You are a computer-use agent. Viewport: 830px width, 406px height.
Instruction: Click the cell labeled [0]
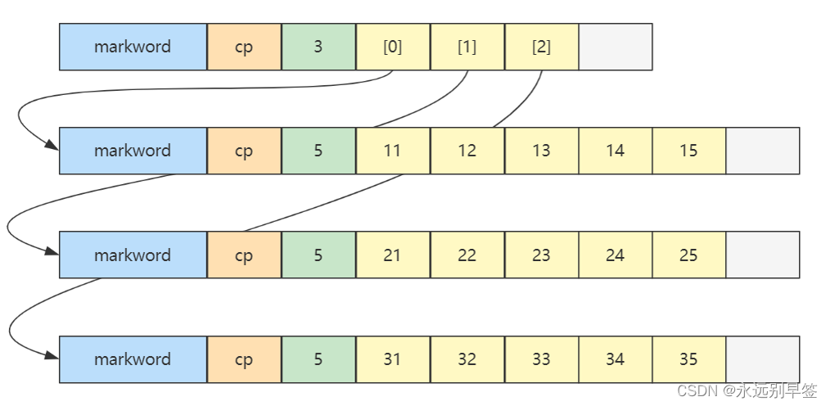coord(393,47)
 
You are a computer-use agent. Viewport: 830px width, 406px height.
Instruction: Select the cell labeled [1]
coord(467,47)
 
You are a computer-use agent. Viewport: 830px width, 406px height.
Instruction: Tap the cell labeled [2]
coord(541,47)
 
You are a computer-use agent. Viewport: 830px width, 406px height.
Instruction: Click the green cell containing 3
coord(318,47)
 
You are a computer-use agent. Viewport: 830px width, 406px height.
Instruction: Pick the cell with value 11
coord(393,151)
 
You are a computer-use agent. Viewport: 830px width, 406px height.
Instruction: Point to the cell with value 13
coord(541,151)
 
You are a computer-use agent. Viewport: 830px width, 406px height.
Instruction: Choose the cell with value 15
coord(688,151)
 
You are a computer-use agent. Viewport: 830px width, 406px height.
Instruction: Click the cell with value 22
coord(467,255)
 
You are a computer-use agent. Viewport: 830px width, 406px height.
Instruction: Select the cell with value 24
coord(616,255)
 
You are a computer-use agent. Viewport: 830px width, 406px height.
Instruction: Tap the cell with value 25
coord(688,255)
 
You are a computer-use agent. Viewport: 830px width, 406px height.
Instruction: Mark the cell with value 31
coord(393,359)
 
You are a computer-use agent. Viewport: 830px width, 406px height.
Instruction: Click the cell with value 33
coord(541,359)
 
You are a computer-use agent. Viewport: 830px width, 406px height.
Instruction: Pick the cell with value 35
coord(688,359)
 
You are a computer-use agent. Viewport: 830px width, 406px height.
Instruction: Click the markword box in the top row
coord(133,47)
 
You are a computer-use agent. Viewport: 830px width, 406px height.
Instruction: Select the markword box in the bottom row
coord(133,359)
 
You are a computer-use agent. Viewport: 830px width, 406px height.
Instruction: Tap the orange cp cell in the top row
coord(244,47)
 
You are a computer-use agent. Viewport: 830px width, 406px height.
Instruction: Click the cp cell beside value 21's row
coord(244,255)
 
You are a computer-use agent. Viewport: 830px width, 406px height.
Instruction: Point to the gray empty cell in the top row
coord(616,47)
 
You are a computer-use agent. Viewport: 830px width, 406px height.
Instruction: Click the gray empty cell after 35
coord(762,359)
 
